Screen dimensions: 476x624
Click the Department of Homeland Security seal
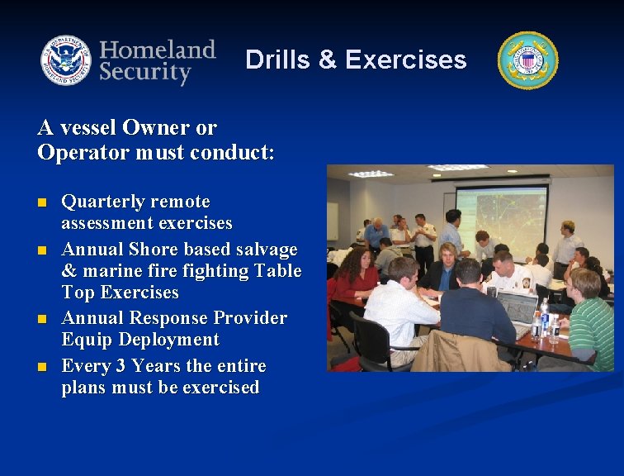click(66, 60)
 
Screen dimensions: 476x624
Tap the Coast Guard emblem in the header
click(527, 60)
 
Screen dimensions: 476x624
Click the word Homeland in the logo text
click(157, 49)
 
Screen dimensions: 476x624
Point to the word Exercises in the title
click(405, 59)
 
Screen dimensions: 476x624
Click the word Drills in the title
click(277, 59)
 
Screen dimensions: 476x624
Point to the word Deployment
click(168, 340)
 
